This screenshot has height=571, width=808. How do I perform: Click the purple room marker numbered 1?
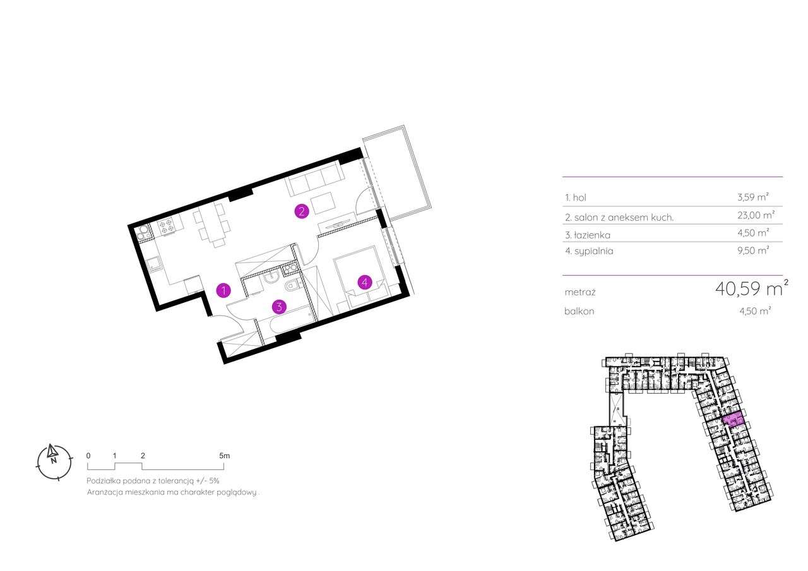223,290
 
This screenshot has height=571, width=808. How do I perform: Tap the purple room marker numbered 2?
302,211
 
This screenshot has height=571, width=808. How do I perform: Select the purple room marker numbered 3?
279,307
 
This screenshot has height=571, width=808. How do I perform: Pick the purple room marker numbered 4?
364,282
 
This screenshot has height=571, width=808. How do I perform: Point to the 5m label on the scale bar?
225,455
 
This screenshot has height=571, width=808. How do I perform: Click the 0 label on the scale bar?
88,455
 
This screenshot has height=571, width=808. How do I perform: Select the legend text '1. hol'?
576,197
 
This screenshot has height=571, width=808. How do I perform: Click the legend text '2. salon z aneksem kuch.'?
619,217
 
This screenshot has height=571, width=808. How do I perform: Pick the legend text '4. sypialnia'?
589,251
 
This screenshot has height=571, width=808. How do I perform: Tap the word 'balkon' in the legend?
579,311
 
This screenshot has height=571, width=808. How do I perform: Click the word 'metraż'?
581,293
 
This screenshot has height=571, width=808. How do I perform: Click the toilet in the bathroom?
292,287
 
